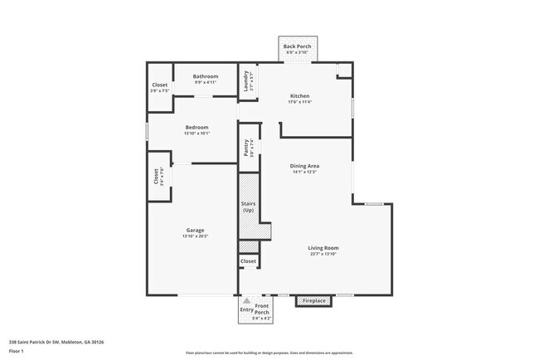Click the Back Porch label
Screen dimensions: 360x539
tap(297, 46)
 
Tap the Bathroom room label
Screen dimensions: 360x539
tap(206, 76)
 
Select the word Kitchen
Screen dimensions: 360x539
tap(299, 95)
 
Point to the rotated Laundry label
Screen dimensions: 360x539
tap(246, 80)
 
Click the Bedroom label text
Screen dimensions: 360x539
tap(197, 127)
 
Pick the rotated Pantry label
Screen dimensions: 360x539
tap(246, 147)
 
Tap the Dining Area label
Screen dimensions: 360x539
tap(305, 166)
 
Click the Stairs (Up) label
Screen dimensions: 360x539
tap(248, 207)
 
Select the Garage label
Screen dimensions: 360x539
tap(195, 230)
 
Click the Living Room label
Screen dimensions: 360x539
tap(323, 247)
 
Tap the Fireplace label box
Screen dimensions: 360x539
tap(314, 300)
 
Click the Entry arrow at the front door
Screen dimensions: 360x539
tap(246, 304)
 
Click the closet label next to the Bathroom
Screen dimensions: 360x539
tap(160, 85)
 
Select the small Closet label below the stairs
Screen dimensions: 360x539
tap(248, 261)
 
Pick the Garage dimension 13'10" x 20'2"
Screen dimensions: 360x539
tap(195, 236)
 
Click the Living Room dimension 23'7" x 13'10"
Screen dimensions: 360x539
tap(323, 254)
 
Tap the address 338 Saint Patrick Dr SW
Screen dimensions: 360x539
tap(50, 341)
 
